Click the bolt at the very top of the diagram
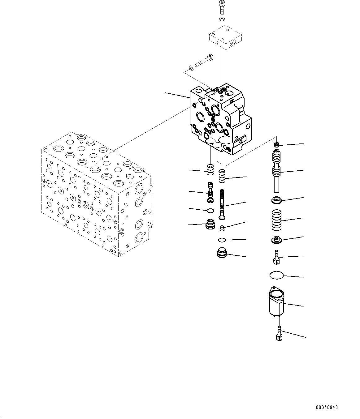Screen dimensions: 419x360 tap(222, 7)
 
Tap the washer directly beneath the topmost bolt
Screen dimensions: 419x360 tap(222, 20)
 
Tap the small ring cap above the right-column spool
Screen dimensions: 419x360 tap(277, 144)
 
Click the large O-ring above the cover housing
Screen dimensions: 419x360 tap(276, 275)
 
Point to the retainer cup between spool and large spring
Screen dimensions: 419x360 tap(276, 200)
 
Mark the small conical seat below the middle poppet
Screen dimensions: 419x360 tap(222, 229)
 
